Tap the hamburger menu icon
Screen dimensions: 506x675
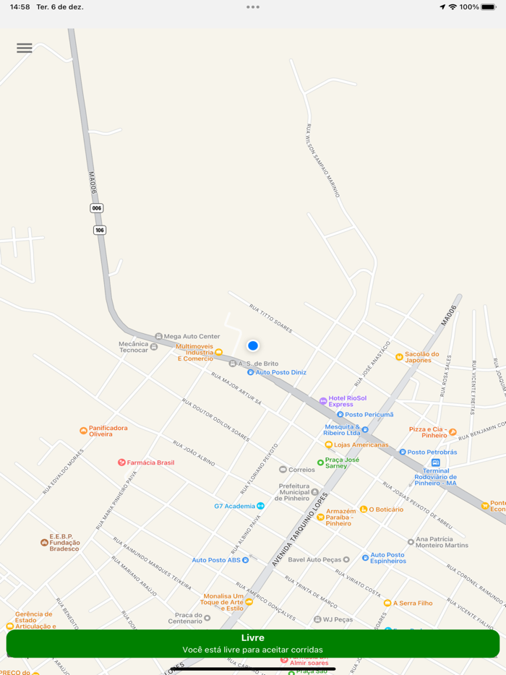tap(25, 48)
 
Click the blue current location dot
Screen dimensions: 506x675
tap(253, 345)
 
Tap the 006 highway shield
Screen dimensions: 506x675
tap(97, 208)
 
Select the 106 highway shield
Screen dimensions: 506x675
tap(100, 230)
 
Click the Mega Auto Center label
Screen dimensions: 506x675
tap(192, 336)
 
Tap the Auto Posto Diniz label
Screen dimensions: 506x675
tap(280, 372)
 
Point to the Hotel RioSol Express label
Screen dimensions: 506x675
tap(347, 401)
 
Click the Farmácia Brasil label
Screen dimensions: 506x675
tap(150, 463)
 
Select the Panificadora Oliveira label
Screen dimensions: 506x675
tap(108, 431)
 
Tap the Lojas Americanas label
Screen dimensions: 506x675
tap(361, 444)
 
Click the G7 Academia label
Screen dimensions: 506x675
tap(235, 506)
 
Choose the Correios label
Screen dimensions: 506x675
tap(301, 470)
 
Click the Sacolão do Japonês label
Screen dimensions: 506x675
tap(421, 357)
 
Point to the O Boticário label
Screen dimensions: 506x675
tap(386, 510)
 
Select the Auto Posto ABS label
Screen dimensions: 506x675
tap(216, 560)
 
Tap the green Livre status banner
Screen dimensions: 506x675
tap(253, 643)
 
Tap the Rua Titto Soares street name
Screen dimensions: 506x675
tap(271, 318)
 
